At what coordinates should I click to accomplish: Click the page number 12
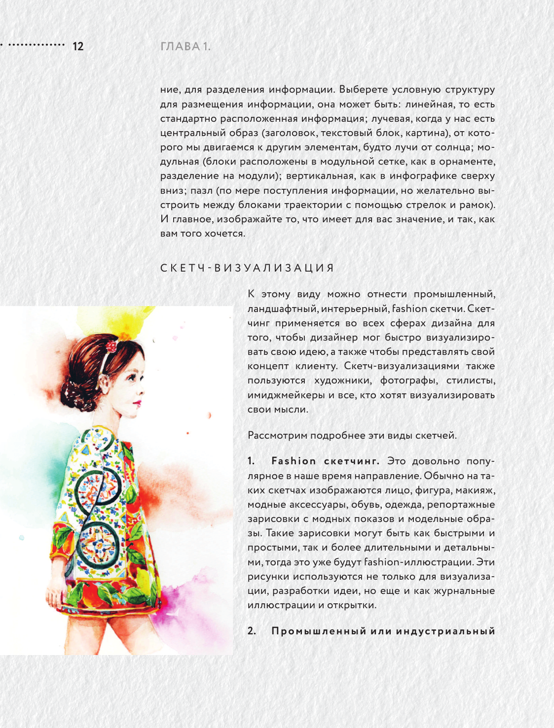click(78, 46)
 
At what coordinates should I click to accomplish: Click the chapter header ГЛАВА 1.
click(185, 46)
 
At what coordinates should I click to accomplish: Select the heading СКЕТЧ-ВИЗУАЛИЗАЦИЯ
click(247, 268)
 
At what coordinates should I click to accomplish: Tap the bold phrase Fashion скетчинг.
click(325, 461)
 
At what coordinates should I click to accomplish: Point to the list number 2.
click(252, 631)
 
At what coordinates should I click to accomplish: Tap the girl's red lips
click(137, 403)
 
